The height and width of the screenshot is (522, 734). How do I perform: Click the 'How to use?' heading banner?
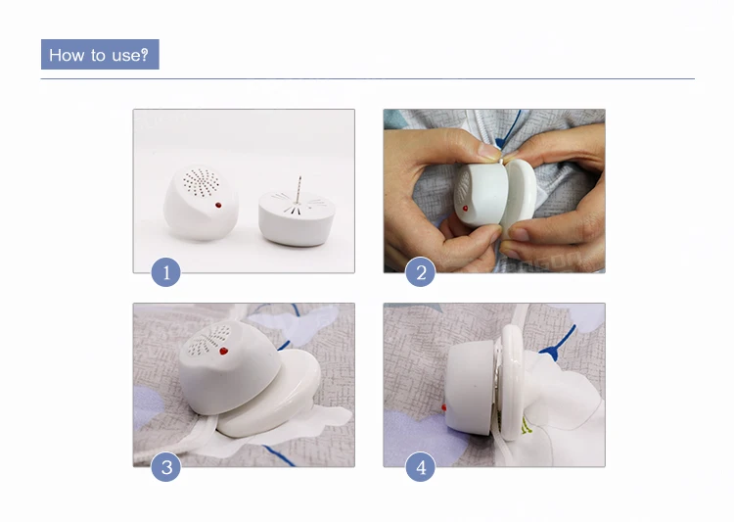(100, 55)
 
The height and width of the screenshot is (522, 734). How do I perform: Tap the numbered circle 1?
(166, 272)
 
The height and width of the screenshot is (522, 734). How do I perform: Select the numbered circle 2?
(421, 272)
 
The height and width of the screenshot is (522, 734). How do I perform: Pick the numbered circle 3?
(166, 467)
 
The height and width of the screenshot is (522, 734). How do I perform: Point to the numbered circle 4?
(421, 467)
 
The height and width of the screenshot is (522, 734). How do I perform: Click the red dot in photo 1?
(218, 205)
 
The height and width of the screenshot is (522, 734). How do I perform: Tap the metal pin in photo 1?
(299, 189)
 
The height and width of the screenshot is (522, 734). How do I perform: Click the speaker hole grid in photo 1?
(202, 182)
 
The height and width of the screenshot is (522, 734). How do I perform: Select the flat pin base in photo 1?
(297, 217)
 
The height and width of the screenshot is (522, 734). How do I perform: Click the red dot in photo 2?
(465, 208)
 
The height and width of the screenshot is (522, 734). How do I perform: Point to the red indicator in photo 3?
(224, 351)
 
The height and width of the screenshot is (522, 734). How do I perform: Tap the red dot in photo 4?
(443, 407)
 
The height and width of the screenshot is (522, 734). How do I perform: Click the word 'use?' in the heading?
(130, 55)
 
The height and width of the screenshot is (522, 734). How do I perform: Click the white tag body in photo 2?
(482, 194)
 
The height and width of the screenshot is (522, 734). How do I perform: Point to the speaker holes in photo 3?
(208, 340)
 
